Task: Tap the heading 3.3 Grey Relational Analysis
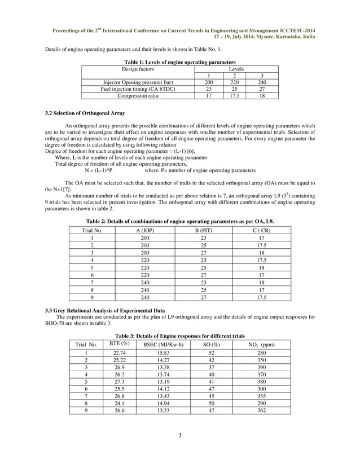104,310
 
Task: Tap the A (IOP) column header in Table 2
145,231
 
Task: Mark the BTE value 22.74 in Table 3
119,353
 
